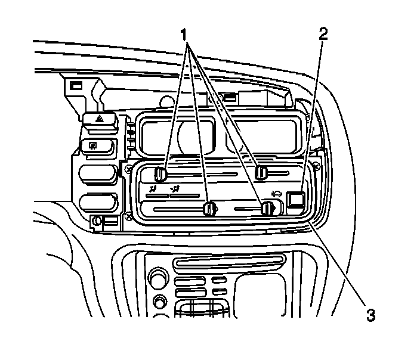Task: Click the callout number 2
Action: pos(323,33)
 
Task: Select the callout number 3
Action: pos(370,314)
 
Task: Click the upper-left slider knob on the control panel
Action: pos(160,173)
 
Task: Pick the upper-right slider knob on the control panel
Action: pos(261,173)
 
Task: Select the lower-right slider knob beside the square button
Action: pos(267,208)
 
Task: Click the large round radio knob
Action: pos(159,278)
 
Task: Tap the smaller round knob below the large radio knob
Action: pos(159,301)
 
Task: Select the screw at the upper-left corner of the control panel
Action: pos(129,169)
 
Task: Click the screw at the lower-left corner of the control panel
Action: pos(129,216)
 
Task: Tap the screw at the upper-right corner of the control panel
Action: pos(316,163)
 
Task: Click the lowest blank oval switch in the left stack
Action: pos(97,201)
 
